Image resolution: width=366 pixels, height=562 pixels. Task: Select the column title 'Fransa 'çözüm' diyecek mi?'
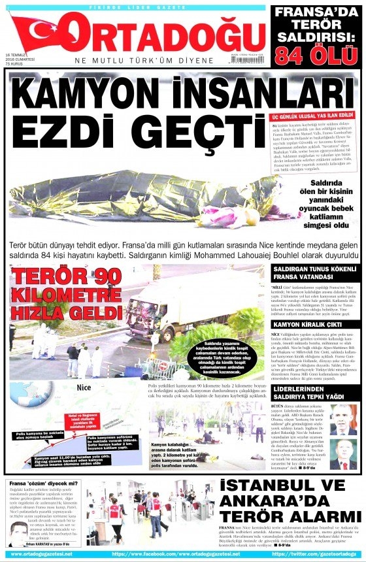pos(44,484)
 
